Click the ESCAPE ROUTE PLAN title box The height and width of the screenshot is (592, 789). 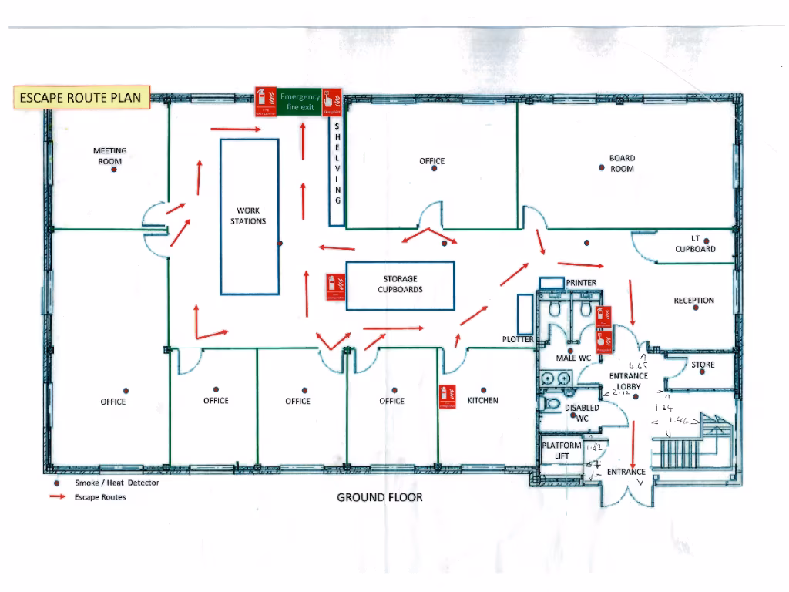[80, 98]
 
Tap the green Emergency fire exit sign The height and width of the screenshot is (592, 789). [300, 102]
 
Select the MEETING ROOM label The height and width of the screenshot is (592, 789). [109, 156]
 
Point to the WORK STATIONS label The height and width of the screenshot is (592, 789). [248, 216]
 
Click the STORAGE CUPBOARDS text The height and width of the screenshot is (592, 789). [401, 284]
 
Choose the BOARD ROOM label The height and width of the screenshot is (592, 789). [622, 163]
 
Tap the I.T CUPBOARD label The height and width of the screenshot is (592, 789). [695, 244]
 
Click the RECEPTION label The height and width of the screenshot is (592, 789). [693, 301]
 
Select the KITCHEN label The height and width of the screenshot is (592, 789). [483, 401]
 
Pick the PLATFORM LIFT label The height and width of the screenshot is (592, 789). [562, 451]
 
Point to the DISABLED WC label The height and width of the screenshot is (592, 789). [582, 412]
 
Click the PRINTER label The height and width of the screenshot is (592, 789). [581, 283]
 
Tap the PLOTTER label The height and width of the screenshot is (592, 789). [517, 339]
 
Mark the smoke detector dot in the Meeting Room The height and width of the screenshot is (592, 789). [113, 170]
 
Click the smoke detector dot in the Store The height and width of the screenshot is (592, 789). [702, 372]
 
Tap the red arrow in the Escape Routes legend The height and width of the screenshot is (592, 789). [57, 497]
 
